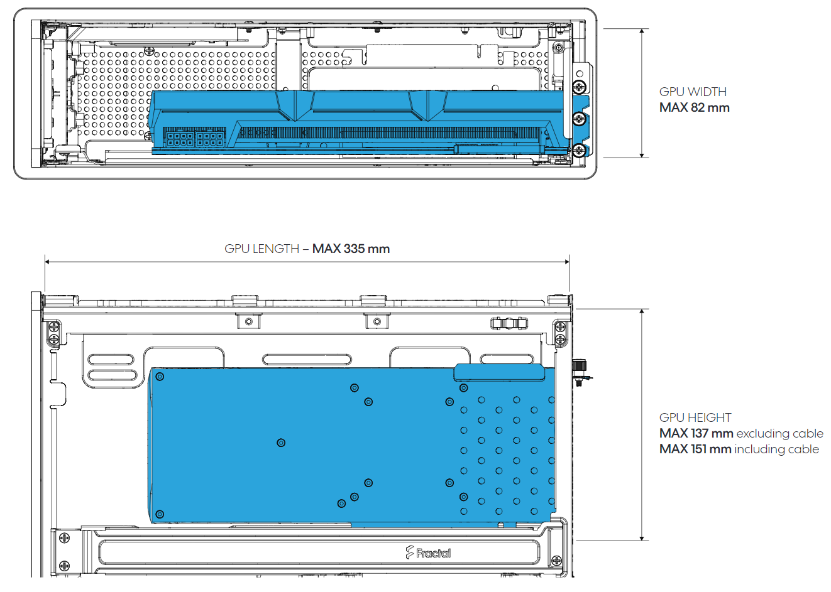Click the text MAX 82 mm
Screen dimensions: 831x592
point(694,107)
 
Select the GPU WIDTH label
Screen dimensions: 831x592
point(693,92)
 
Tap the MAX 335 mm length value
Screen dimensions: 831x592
point(351,249)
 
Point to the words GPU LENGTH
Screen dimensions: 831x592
point(261,249)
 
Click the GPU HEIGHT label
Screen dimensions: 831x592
point(695,417)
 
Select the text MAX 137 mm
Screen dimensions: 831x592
point(696,433)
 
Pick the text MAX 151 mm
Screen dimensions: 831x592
point(695,449)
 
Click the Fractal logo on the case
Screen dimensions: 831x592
point(428,552)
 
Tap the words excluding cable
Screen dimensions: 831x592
point(780,433)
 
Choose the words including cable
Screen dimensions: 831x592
point(777,449)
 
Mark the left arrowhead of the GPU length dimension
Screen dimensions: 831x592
point(47,262)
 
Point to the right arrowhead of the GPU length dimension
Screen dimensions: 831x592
point(567,262)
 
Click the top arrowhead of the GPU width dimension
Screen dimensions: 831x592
point(642,31)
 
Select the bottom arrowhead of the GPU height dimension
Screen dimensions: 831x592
point(642,538)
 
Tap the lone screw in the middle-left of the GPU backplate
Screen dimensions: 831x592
point(281,443)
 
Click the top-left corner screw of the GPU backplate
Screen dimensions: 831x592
point(160,377)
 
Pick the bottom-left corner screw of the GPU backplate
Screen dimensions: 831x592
point(160,514)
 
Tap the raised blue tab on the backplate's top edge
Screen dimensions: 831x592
point(499,372)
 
